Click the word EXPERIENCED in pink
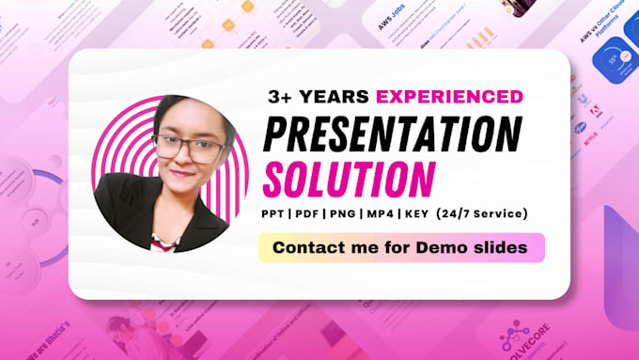[449, 96]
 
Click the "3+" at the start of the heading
[280, 96]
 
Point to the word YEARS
[337, 96]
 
